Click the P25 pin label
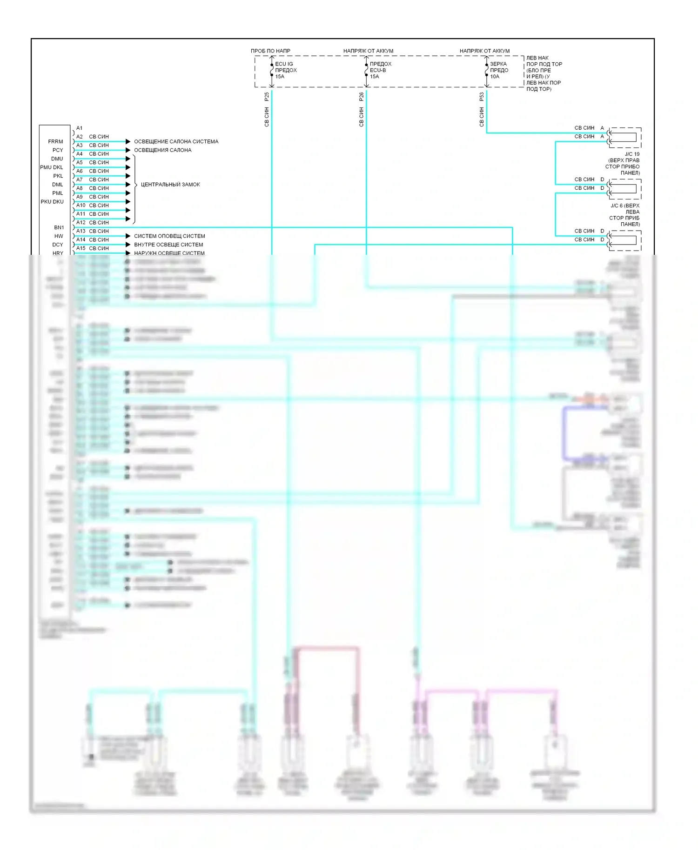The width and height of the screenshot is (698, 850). pyautogui.click(x=267, y=97)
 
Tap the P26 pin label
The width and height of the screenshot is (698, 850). pyautogui.click(x=362, y=97)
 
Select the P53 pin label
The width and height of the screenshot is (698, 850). pyautogui.click(x=482, y=97)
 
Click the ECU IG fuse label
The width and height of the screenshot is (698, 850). pyautogui.click(x=284, y=64)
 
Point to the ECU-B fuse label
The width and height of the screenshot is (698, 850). pyautogui.click(x=378, y=70)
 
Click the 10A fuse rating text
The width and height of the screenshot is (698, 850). pyautogui.click(x=495, y=77)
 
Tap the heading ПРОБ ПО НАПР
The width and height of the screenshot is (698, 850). pyautogui.click(x=270, y=51)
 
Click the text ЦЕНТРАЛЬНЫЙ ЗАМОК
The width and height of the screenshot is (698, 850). pyautogui.click(x=170, y=185)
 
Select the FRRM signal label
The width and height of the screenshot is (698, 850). pyautogui.click(x=55, y=141)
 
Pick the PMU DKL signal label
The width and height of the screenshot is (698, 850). pyautogui.click(x=52, y=167)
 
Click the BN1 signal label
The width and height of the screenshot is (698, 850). pyautogui.click(x=59, y=227)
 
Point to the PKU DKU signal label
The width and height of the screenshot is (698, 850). pyautogui.click(x=52, y=202)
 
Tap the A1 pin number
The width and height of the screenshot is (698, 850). pyautogui.click(x=80, y=128)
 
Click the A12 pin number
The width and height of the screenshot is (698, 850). pyautogui.click(x=81, y=223)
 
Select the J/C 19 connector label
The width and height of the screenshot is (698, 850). pyautogui.click(x=632, y=154)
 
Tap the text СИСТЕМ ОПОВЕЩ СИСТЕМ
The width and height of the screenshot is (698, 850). pyautogui.click(x=169, y=236)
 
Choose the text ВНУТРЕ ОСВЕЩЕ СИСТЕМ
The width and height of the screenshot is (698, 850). pyautogui.click(x=168, y=245)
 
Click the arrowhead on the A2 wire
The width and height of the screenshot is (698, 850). pyautogui.click(x=128, y=141)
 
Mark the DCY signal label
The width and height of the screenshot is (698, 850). pyautogui.click(x=58, y=245)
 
